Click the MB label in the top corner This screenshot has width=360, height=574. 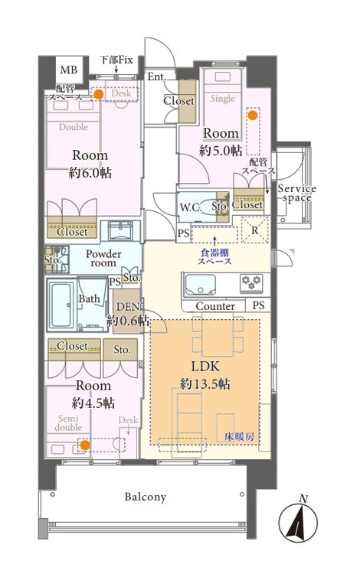68,70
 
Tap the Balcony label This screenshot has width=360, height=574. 146,497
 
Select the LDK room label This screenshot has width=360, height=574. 205,366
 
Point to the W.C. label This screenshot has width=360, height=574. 190,208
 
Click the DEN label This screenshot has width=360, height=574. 128,307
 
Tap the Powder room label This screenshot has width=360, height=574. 103,259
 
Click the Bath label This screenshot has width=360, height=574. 89,298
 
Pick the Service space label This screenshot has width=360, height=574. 296,194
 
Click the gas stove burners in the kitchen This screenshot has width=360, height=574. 251,283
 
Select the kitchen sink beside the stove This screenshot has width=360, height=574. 200,285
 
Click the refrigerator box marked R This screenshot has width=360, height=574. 255,230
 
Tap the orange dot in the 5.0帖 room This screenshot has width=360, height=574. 252,116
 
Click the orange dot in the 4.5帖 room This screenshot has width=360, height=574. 84,445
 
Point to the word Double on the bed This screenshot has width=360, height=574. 74,127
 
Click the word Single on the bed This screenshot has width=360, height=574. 223,99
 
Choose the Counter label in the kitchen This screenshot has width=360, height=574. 215,306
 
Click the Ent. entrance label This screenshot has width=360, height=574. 157,77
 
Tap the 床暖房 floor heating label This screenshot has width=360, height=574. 240,437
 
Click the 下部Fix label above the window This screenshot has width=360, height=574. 116,60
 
